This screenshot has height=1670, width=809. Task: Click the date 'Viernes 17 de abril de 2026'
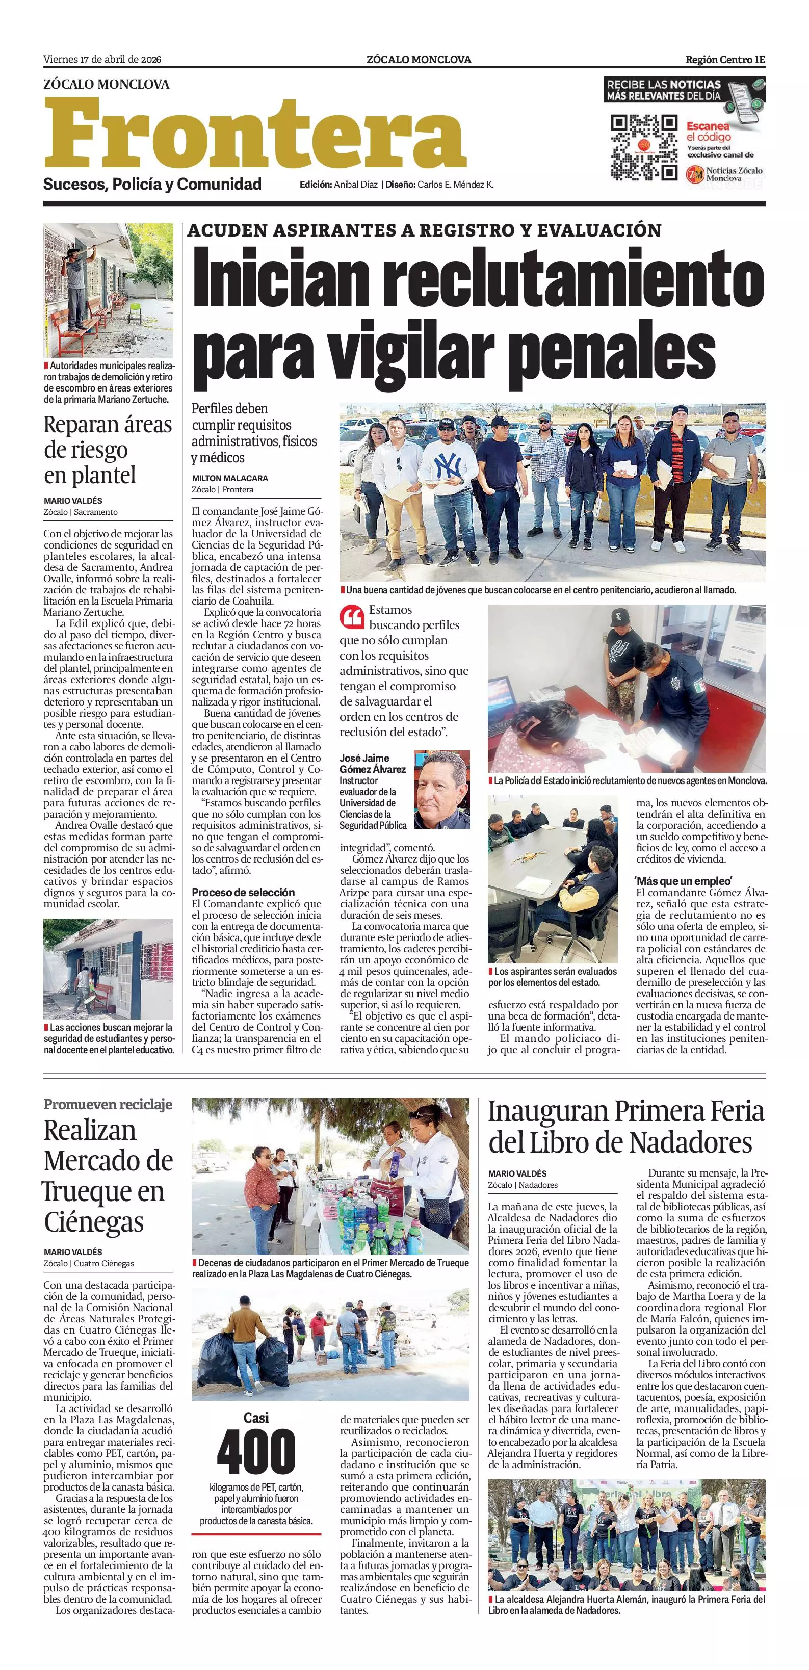coord(102,60)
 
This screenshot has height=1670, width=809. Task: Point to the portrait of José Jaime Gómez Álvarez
coord(441,790)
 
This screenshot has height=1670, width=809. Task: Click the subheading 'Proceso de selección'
coord(243,892)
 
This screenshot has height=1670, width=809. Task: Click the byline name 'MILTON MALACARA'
coord(229,478)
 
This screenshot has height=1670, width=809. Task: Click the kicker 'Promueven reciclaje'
coord(108,1104)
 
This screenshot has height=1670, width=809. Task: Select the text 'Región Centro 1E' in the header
coord(725,60)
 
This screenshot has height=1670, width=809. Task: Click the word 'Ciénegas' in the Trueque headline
coord(93,1221)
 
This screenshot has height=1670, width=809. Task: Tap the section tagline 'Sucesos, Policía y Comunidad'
coord(152,184)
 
